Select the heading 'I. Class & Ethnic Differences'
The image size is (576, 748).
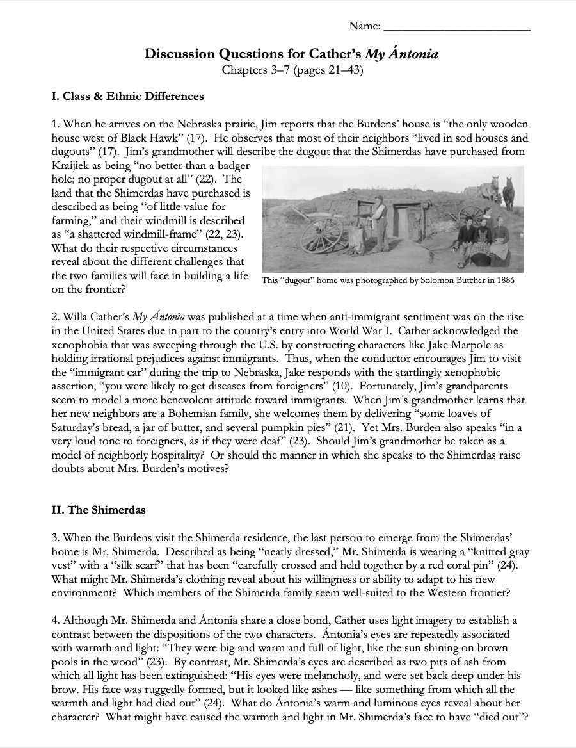[x=127, y=97]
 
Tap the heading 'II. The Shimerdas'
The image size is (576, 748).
[x=99, y=510]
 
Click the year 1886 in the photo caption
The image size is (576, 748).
[x=502, y=280]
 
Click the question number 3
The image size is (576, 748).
[x=55, y=539]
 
